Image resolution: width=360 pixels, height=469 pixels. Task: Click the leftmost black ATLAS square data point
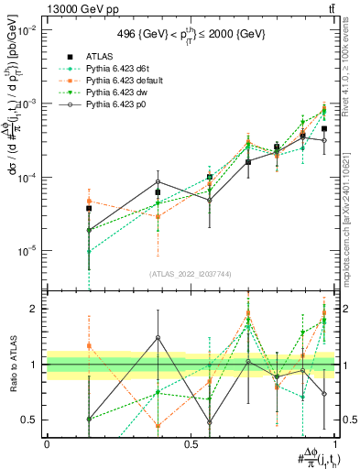pos(89,209)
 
